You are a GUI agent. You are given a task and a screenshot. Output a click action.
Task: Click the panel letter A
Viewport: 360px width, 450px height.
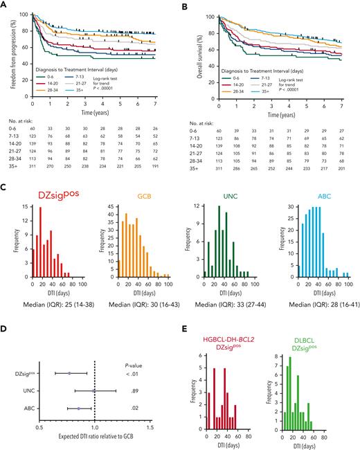[x=5, y=6]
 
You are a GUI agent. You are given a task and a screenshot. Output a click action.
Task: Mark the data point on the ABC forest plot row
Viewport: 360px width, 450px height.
[x=79, y=390]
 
